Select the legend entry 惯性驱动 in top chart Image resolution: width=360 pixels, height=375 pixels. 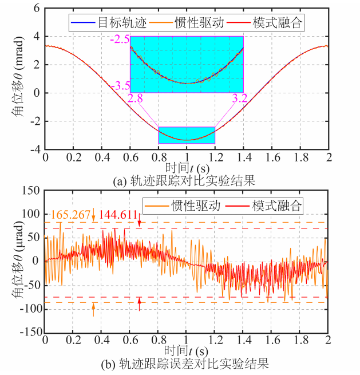click(x=195, y=23)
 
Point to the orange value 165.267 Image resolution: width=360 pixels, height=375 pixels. click(x=72, y=215)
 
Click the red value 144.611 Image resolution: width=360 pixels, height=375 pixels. click(x=118, y=215)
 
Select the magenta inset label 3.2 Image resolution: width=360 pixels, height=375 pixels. click(x=239, y=98)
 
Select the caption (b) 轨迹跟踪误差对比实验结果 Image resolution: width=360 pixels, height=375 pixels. click(x=187, y=364)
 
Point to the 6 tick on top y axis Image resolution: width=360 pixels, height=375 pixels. click(x=36, y=9)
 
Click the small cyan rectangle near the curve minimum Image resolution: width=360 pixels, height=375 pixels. click(x=187, y=135)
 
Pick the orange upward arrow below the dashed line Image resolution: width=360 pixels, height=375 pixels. click(x=93, y=310)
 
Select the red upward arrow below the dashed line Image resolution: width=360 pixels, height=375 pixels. click(x=139, y=304)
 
